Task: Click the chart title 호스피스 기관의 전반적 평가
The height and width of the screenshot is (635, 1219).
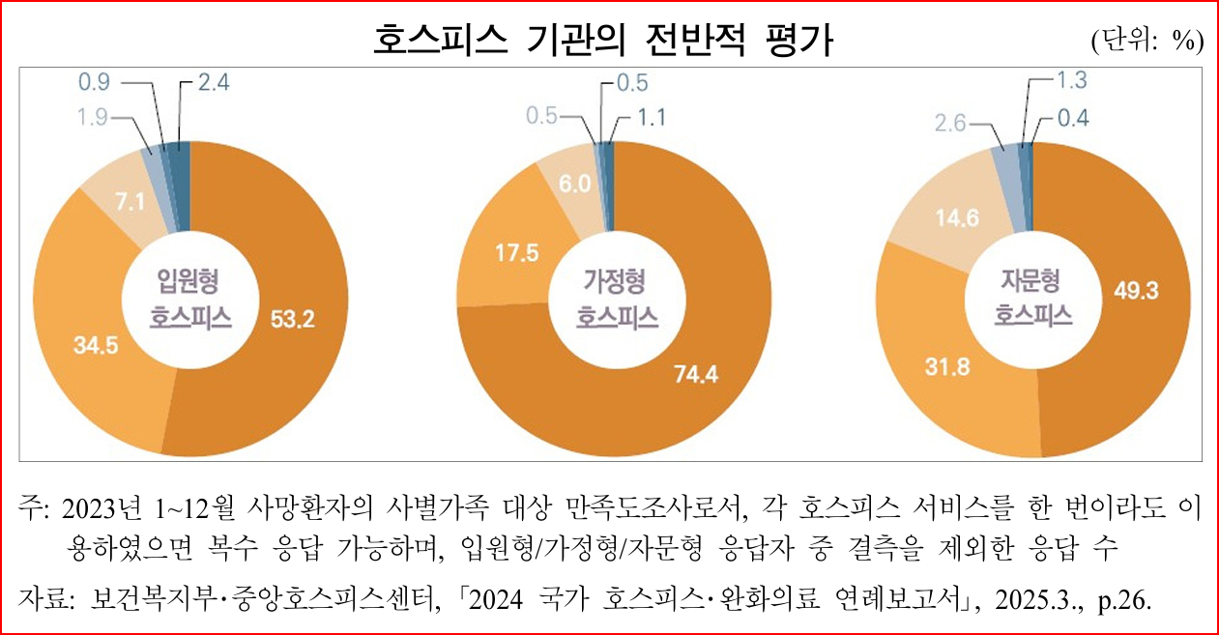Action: [x=604, y=40]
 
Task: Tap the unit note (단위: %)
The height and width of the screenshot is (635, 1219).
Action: [x=1146, y=41]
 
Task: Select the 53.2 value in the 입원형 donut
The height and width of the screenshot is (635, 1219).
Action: [x=293, y=318]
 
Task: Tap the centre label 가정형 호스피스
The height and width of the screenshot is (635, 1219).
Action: [x=616, y=299]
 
